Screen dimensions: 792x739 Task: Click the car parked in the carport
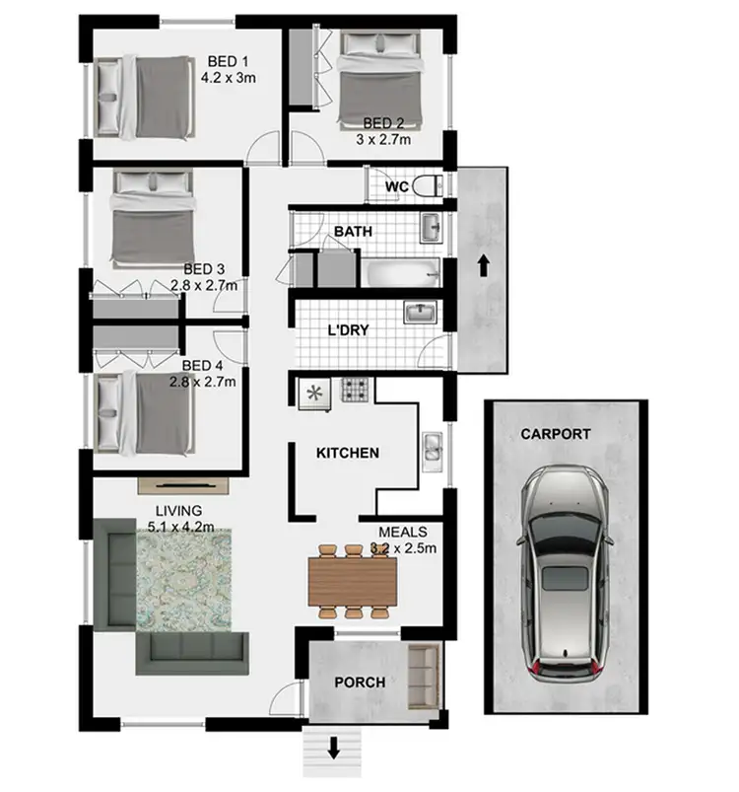(566, 577)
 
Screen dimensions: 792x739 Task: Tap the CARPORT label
(556, 433)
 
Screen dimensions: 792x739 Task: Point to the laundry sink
(420, 314)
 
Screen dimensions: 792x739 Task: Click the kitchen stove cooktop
(355, 391)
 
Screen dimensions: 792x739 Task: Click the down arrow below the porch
(334, 748)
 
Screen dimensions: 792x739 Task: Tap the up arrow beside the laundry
(483, 265)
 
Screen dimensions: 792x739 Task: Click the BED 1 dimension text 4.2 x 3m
(228, 75)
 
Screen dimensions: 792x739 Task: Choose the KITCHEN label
(347, 454)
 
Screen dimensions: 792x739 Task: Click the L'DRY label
(348, 329)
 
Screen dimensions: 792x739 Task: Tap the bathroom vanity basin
(431, 229)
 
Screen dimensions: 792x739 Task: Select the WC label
(397, 186)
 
